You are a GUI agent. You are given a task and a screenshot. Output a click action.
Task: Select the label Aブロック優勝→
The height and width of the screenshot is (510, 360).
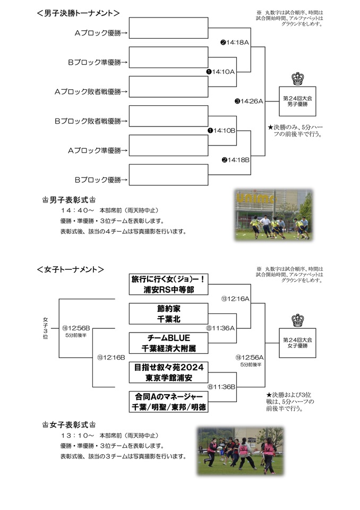click(x=100, y=33)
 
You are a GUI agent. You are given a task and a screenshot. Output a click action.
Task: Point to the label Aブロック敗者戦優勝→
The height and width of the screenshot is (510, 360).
click(x=91, y=91)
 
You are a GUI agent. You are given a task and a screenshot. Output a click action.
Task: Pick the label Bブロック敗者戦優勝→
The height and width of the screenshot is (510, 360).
click(x=91, y=121)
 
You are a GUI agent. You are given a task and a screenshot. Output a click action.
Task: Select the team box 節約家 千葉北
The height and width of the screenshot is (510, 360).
click(x=168, y=313)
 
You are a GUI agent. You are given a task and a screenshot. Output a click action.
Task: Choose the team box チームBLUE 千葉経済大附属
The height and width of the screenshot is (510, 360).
click(x=168, y=343)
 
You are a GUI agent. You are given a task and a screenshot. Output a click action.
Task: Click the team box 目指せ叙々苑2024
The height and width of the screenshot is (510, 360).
click(x=168, y=372)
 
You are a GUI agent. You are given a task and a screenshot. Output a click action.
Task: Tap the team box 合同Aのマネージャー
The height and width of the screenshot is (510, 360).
click(x=168, y=402)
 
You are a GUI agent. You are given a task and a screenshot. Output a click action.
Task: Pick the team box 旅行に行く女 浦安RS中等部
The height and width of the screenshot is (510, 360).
click(x=168, y=284)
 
